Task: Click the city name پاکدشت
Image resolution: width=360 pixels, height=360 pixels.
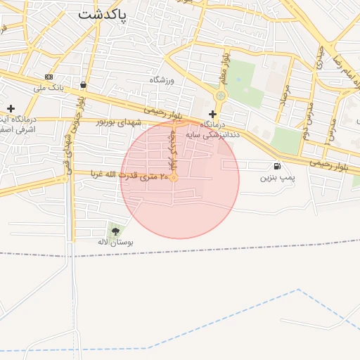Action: pyautogui.click(x=103, y=15)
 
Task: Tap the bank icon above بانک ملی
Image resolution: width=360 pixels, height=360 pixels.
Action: pyautogui.click(x=48, y=77)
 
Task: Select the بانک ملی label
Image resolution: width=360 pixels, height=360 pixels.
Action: pyautogui.click(x=49, y=89)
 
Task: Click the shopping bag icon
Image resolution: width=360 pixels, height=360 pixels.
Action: pyautogui.click(x=84, y=84)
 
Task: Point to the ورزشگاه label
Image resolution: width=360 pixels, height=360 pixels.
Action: pyautogui.click(x=161, y=80)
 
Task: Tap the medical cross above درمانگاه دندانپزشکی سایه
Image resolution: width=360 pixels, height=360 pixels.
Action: pyautogui.click(x=212, y=114)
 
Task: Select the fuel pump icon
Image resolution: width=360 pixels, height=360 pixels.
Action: pyautogui.click(x=277, y=166)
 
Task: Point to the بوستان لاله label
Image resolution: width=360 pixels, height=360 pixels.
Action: pyautogui.click(x=115, y=242)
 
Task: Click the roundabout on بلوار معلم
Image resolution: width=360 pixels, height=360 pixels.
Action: pyautogui.click(x=221, y=96)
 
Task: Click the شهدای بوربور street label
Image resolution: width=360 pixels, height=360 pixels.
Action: pyautogui.click(x=119, y=122)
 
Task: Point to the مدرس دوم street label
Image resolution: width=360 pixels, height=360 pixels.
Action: pyautogui.click(x=307, y=120)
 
